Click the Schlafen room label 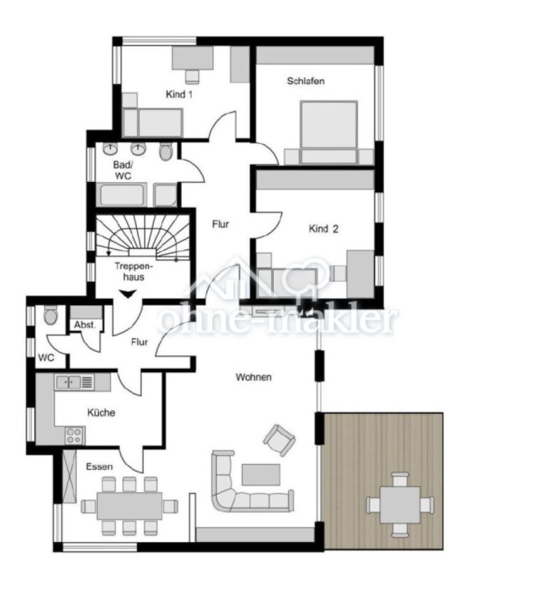click(305, 81)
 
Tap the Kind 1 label click(179, 94)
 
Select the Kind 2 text click(323, 228)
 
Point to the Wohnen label click(253, 377)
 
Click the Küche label click(101, 412)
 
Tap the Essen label click(99, 466)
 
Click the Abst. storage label click(85, 325)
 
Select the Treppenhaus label click(133, 272)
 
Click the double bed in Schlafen click(329, 132)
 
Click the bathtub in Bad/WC click(121, 195)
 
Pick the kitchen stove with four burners click(75, 435)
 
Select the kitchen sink click(68, 382)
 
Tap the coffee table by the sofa click(261, 474)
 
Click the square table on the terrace click(400, 505)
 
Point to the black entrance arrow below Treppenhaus click(128, 294)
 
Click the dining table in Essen click(130, 506)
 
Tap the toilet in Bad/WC click(165, 151)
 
